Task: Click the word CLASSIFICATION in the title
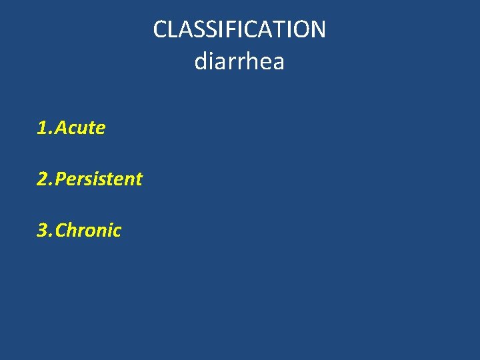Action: (239, 29)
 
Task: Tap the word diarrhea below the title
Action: (239, 62)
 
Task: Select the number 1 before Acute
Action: (42, 128)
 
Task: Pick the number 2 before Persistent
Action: (42, 179)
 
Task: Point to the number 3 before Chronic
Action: (42, 231)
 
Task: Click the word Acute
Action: (80, 128)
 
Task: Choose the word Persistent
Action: (99, 179)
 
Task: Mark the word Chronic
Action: (88, 231)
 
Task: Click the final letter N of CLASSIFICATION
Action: (317, 29)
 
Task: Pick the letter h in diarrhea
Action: (253, 62)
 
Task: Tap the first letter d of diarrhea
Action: (200, 62)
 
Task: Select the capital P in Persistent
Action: (61, 179)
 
